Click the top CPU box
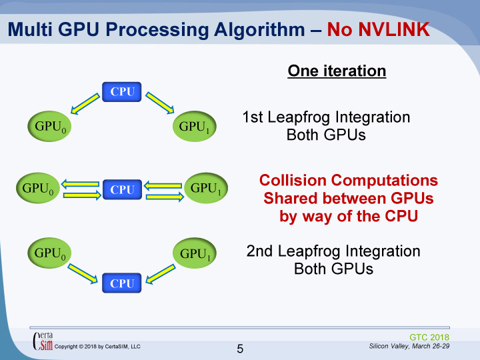click(x=122, y=92)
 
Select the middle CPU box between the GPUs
click(x=122, y=189)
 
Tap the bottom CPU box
click(x=122, y=283)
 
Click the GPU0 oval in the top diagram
click(x=49, y=125)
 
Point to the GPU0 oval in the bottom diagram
click(x=49, y=253)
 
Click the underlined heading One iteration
click(x=337, y=71)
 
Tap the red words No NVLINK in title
click(x=377, y=29)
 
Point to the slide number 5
click(x=241, y=348)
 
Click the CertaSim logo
click(x=43, y=339)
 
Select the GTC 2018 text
click(x=429, y=337)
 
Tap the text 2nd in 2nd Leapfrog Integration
click(x=259, y=251)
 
